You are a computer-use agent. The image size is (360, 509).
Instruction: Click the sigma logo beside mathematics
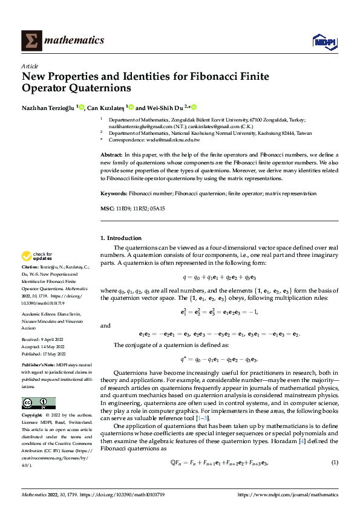30,41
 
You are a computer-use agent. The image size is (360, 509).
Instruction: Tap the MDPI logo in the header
323,41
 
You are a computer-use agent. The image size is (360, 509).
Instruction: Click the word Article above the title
30,66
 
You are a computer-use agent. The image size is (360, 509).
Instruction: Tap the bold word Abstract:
112,155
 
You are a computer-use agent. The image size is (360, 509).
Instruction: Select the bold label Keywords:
113,193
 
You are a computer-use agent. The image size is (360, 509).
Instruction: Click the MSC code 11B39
123,208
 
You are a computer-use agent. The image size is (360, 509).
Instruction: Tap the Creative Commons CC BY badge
38,403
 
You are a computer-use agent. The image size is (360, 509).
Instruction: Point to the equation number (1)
335,462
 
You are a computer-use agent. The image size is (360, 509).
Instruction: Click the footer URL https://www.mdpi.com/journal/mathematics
288,494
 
